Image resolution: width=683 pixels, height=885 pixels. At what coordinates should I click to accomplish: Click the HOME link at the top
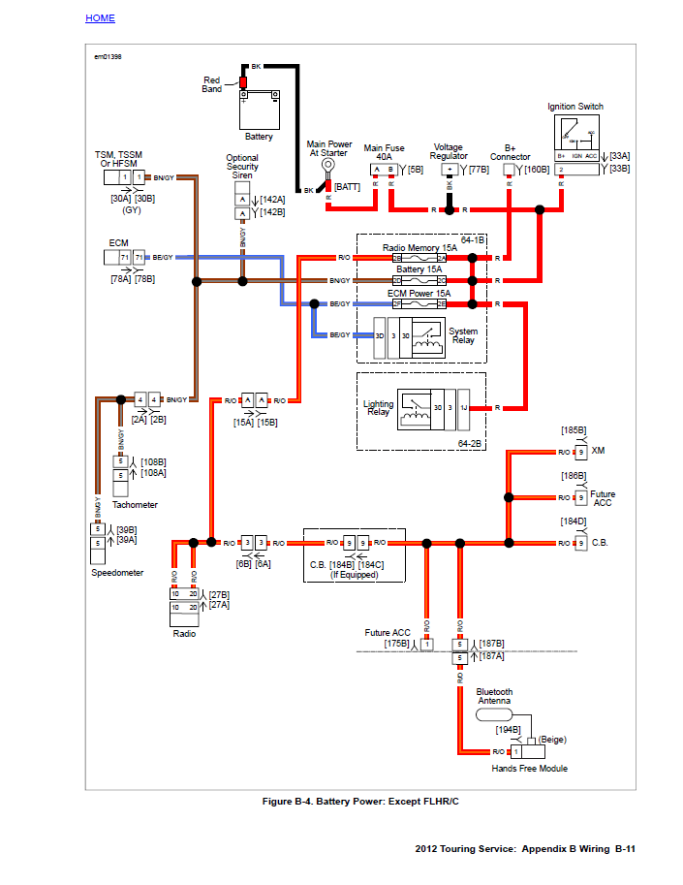(x=100, y=18)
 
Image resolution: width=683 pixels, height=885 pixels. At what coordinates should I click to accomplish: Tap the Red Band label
(x=211, y=84)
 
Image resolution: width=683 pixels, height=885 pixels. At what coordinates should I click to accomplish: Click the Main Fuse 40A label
(x=384, y=152)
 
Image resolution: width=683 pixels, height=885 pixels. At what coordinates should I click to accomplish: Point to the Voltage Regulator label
(x=449, y=151)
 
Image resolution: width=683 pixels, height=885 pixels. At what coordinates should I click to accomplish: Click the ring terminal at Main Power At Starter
(x=328, y=165)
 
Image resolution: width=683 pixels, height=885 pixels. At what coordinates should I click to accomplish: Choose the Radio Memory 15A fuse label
(x=419, y=248)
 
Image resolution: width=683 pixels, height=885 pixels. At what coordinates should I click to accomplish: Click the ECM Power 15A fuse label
(x=419, y=293)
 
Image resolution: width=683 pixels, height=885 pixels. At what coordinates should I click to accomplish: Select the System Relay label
(x=463, y=335)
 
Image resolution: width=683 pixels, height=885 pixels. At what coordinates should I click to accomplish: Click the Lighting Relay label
(x=378, y=407)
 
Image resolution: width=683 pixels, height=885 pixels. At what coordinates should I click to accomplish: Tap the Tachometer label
(x=135, y=505)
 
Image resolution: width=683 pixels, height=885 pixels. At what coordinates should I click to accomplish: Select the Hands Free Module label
(x=529, y=769)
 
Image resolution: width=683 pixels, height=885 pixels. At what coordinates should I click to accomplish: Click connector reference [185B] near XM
(x=574, y=429)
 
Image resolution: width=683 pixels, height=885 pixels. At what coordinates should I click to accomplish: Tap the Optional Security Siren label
(x=242, y=167)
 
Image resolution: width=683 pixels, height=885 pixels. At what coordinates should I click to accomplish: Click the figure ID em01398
(x=108, y=57)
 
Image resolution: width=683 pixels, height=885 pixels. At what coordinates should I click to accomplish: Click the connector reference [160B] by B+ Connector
(x=537, y=170)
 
